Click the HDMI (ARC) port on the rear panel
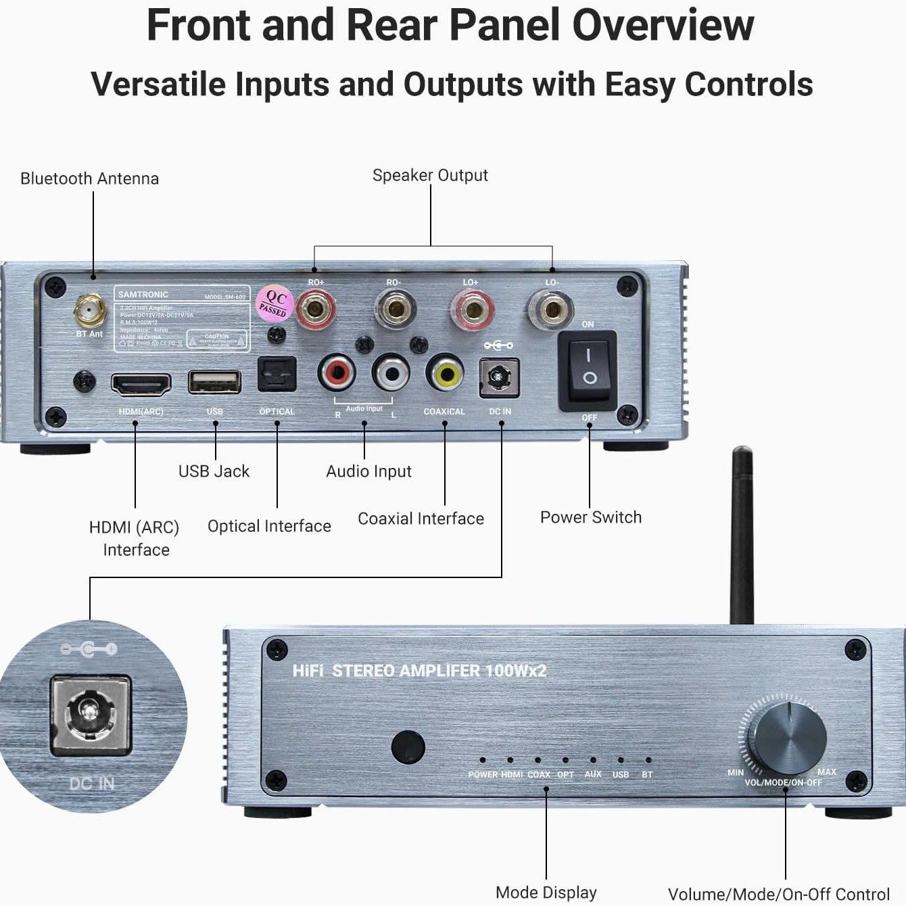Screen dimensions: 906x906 (x=141, y=384)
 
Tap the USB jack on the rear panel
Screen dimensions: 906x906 (x=214, y=382)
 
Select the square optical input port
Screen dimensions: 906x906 (x=277, y=374)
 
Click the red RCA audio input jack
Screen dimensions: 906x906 (x=337, y=371)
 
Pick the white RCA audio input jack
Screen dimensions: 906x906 (x=391, y=371)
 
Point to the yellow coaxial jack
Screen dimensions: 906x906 (x=444, y=371)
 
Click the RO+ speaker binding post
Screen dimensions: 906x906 (x=314, y=308)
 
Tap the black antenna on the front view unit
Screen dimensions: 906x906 (x=742, y=534)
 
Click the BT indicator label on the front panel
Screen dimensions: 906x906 (x=647, y=775)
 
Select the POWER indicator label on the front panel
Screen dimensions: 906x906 (x=483, y=775)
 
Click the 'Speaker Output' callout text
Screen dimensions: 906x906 (x=430, y=175)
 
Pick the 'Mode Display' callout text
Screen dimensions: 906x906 (x=546, y=892)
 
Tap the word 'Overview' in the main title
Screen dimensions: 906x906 (x=663, y=26)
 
